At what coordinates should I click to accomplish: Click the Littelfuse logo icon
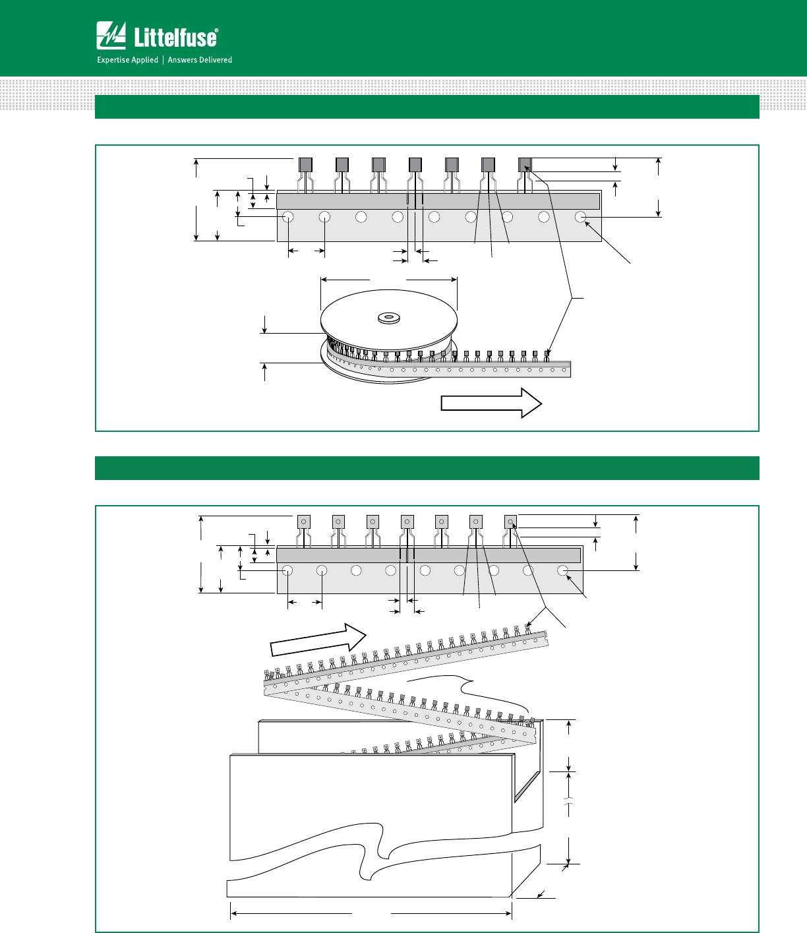[x=111, y=36]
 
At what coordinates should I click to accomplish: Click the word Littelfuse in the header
[x=175, y=38]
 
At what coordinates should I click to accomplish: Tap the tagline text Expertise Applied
[x=128, y=60]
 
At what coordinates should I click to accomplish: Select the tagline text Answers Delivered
[x=200, y=60]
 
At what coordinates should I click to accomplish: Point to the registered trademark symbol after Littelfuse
[x=216, y=30]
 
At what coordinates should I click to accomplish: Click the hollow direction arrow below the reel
[x=491, y=402]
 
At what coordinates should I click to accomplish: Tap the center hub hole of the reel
[x=388, y=318]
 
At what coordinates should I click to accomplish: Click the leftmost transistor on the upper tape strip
[x=305, y=165]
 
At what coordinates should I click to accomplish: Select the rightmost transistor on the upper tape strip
[x=525, y=165]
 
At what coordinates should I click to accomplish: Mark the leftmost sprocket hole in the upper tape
[x=288, y=217]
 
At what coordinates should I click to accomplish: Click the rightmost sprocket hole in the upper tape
[x=581, y=217]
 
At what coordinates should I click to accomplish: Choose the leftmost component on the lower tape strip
[x=303, y=522]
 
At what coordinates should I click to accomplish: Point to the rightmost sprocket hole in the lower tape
[x=562, y=570]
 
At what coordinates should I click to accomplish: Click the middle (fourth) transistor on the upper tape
[x=415, y=165]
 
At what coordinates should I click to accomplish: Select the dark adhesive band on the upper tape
[x=438, y=200]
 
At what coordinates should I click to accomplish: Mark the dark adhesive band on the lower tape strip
[x=429, y=555]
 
